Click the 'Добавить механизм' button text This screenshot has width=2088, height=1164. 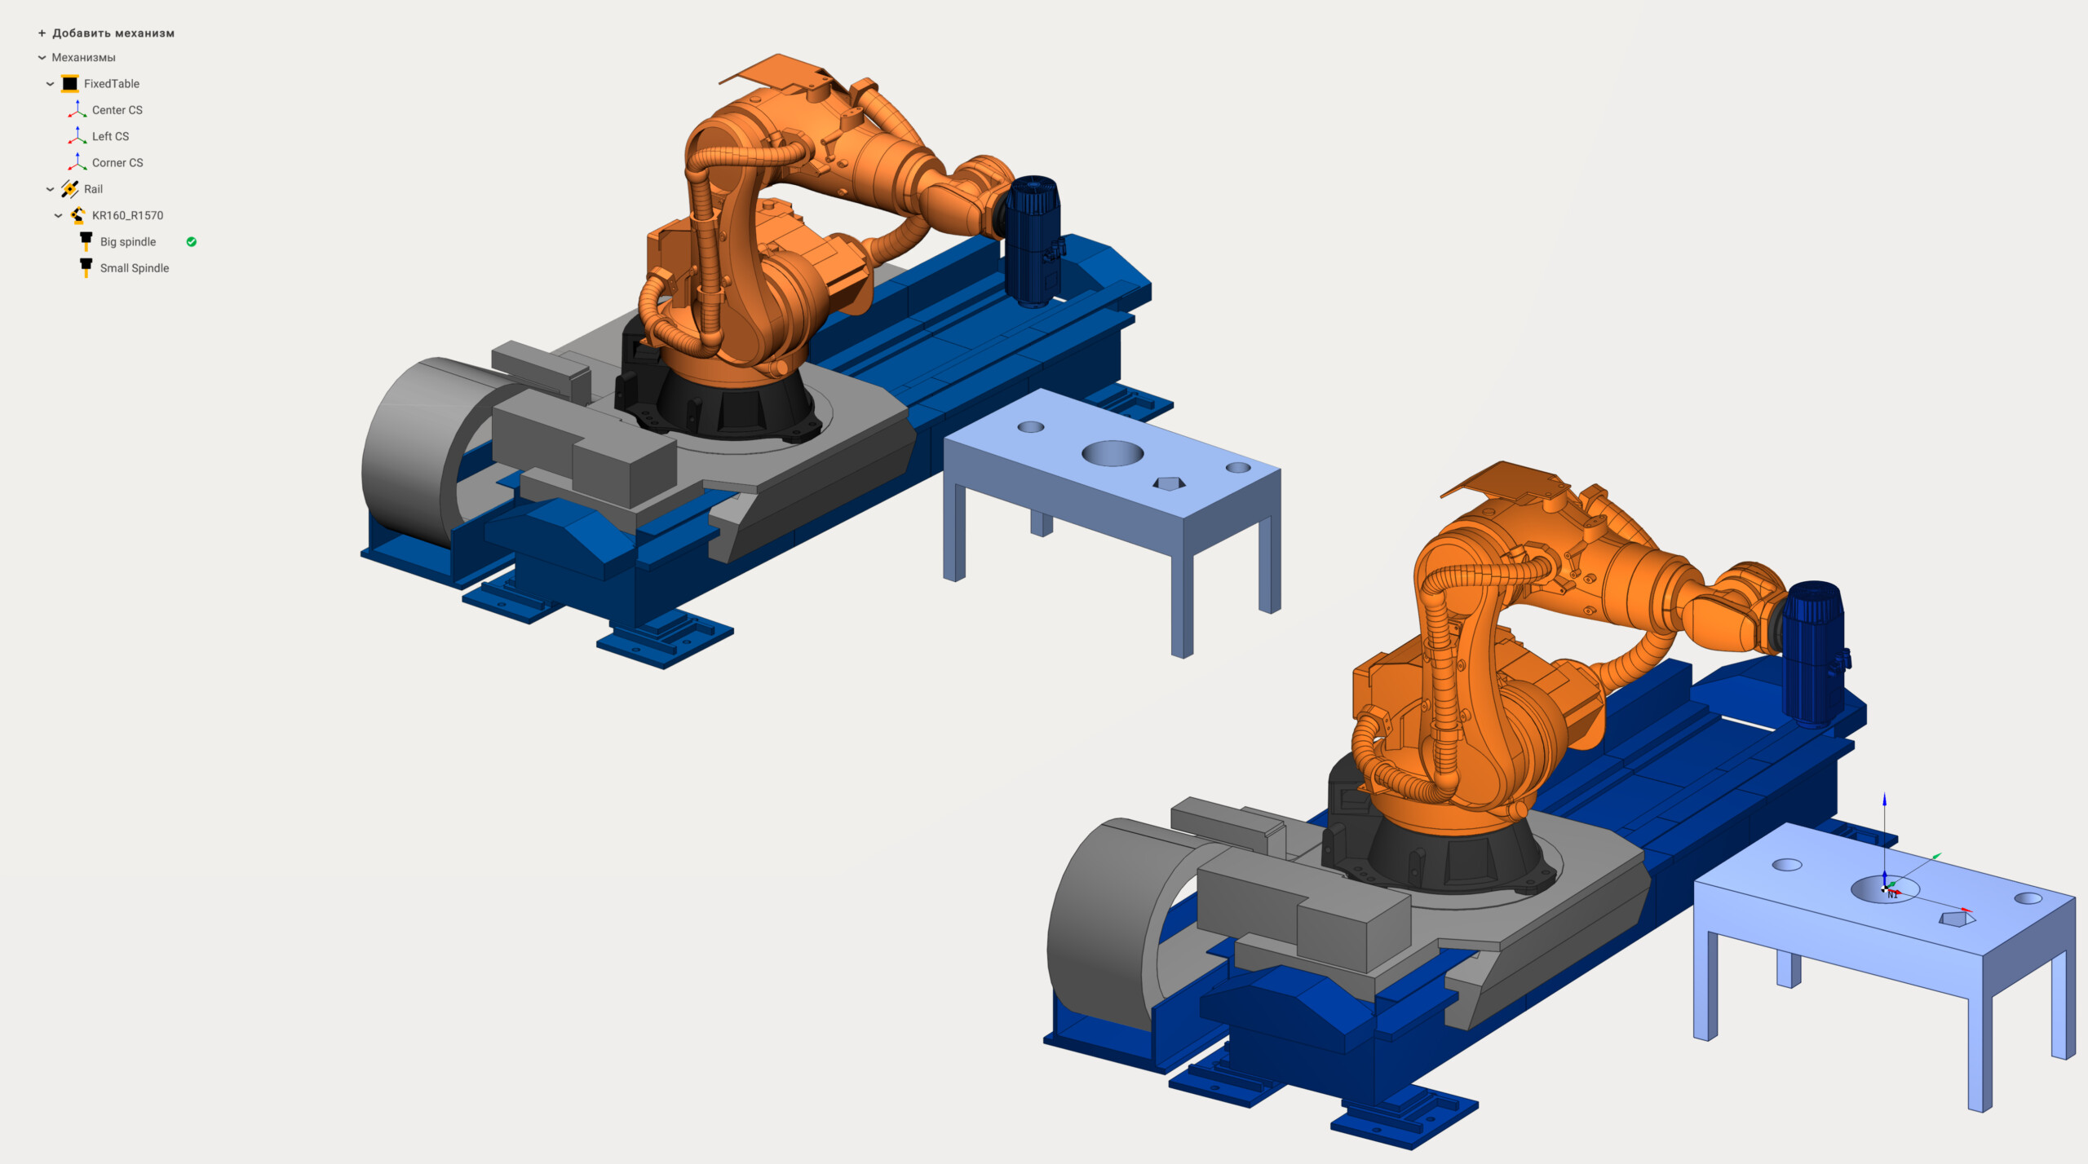pos(113,33)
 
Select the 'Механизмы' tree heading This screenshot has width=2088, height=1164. pos(83,58)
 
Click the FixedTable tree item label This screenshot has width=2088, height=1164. pos(112,84)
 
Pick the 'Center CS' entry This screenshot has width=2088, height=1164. pos(117,110)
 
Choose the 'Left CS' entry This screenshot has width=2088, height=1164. pos(110,136)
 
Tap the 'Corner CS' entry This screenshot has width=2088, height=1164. pos(117,163)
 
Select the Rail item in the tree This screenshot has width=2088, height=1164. pos(93,189)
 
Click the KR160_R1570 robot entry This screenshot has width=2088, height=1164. pos(127,215)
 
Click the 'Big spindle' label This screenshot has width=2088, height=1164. pos(128,242)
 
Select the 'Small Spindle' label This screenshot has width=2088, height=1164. pos(135,268)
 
